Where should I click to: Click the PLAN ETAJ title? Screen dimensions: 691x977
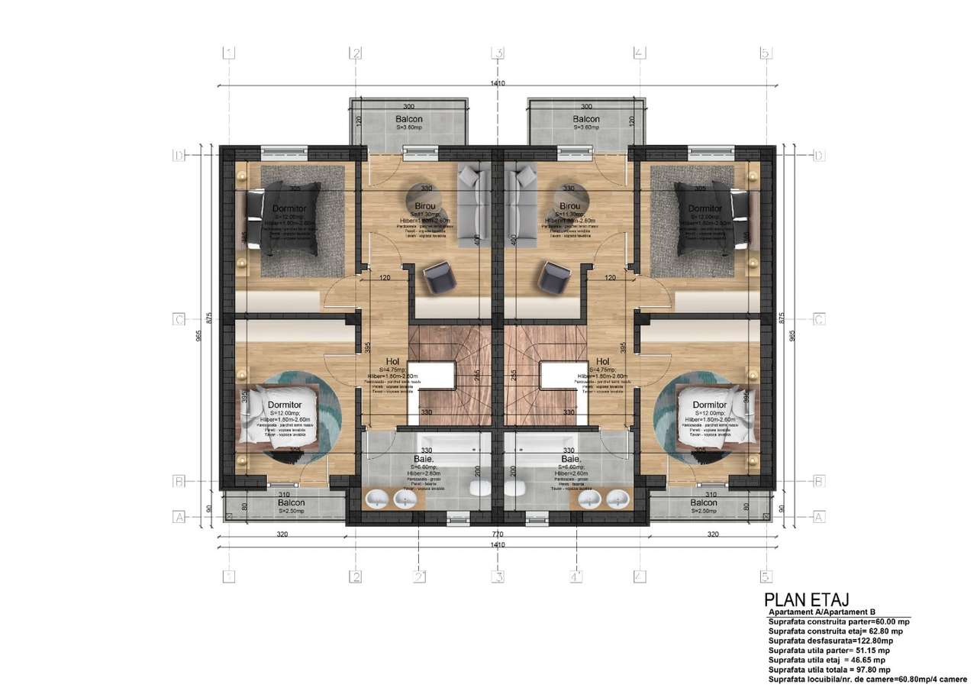(x=808, y=601)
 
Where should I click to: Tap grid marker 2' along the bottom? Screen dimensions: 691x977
(x=419, y=576)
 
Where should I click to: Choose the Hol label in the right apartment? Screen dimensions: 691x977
(x=602, y=362)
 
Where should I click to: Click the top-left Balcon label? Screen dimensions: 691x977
(x=411, y=119)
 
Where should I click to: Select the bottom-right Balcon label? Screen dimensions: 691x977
(x=704, y=503)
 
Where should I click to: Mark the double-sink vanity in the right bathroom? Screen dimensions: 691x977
(x=602, y=499)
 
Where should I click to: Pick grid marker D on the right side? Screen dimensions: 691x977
(x=819, y=156)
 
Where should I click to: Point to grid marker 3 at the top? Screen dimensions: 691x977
(x=498, y=53)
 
